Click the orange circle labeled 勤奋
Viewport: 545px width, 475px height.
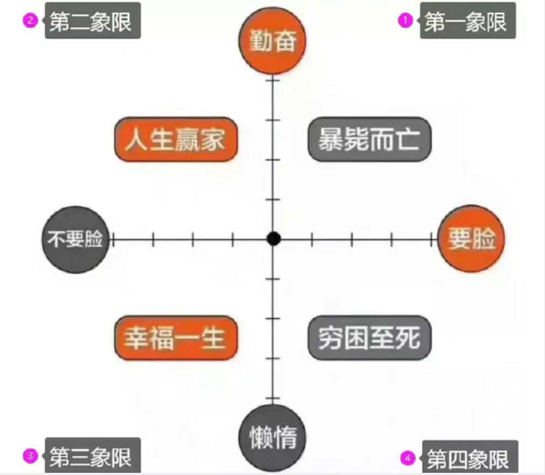[x=272, y=42]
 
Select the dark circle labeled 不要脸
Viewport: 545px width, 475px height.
[x=76, y=239]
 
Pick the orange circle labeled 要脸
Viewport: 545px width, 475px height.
[x=471, y=239]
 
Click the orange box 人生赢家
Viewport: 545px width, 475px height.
[x=177, y=140]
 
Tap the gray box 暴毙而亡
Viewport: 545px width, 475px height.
[x=370, y=140]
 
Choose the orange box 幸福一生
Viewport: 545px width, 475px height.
[x=177, y=338]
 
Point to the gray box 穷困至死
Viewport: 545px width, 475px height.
[x=370, y=338]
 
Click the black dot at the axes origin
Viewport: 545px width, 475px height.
[x=274, y=239]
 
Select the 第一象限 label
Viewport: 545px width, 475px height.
[x=467, y=22]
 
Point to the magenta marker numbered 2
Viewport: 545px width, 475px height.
[x=29, y=21]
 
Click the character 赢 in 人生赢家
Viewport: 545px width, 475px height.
[x=188, y=140]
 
